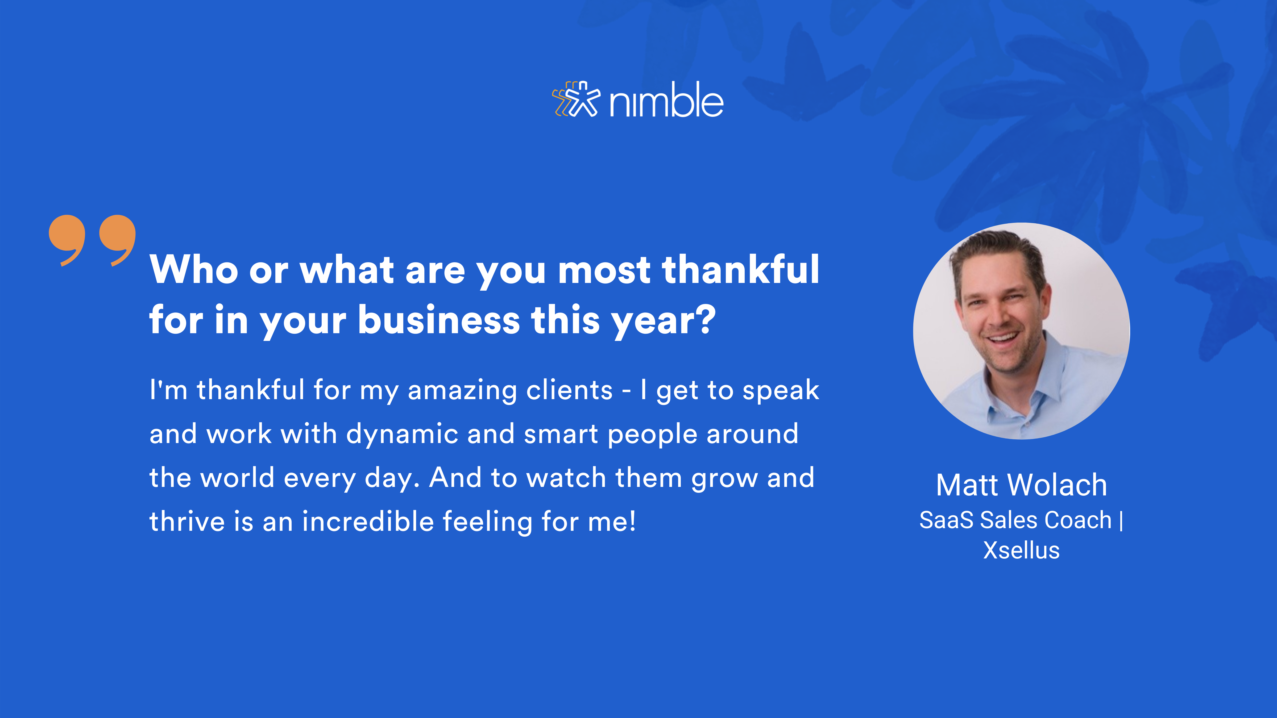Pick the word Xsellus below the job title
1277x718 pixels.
(x=1021, y=550)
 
